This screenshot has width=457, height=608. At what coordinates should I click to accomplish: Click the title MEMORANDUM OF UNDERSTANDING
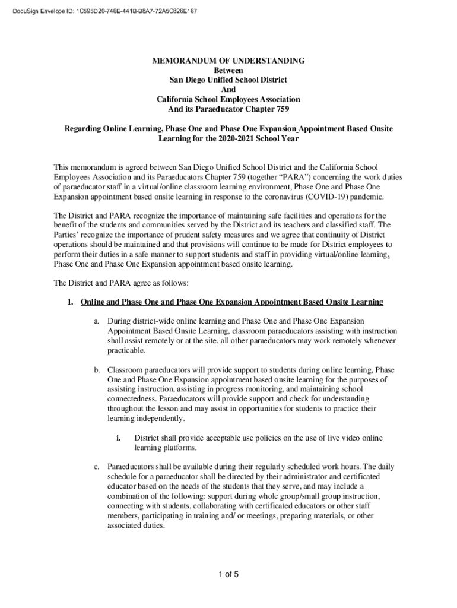pyautogui.click(x=228, y=61)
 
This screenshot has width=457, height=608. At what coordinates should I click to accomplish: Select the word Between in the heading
pyautogui.click(x=228, y=71)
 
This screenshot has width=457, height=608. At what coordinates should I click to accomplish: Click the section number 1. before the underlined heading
pyautogui.click(x=70, y=302)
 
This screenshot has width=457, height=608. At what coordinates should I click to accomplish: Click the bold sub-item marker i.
pyautogui.click(x=119, y=438)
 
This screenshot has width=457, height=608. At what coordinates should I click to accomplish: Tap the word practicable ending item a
pyautogui.click(x=126, y=351)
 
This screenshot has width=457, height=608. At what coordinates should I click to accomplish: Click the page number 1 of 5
pyautogui.click(x=228, y=574)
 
